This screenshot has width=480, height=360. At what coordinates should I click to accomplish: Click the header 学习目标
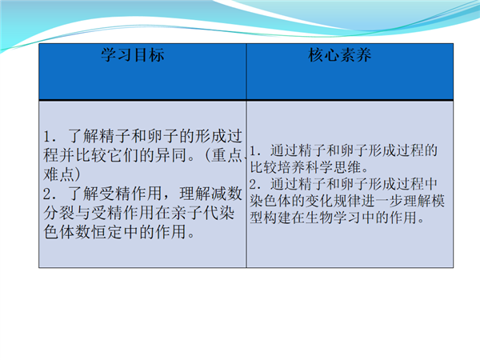[133, 55]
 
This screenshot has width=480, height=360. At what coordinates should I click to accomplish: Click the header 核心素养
[339, 55]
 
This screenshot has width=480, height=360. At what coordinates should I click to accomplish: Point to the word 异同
[171, 155]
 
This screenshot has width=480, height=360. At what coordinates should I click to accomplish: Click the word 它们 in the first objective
[123, 155]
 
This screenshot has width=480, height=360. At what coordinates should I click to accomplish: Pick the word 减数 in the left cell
[226, 194]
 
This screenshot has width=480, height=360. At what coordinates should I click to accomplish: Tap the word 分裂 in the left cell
[59, 213]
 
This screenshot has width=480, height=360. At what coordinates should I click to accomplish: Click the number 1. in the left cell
[50, 136]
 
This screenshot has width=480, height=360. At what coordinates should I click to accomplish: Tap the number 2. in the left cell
[50, 194]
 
